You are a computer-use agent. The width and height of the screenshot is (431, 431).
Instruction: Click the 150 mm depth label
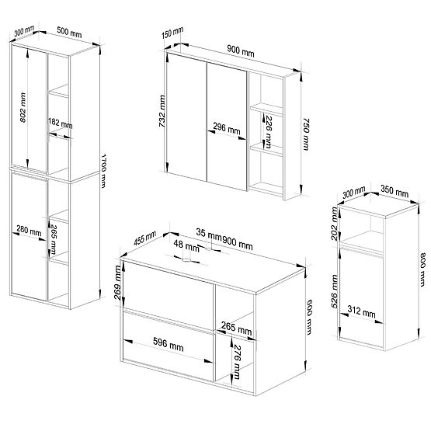(x=173, y=34)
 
